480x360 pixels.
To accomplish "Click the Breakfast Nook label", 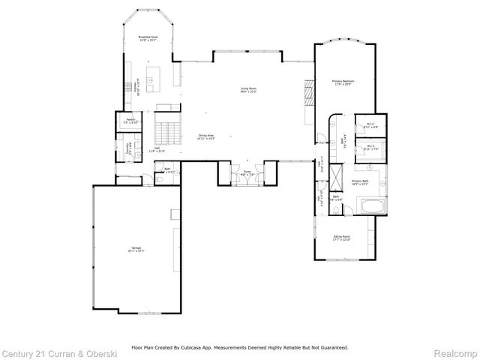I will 147,37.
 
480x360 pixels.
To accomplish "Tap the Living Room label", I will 248,90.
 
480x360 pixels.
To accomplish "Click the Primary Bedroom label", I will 343,82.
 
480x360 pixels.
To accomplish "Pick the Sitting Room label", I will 343,238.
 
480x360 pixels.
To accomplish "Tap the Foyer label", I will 247,173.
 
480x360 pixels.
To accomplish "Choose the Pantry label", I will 130,121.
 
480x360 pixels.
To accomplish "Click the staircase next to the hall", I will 167,130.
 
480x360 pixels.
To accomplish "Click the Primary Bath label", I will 361,182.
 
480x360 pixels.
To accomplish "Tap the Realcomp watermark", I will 457,352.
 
